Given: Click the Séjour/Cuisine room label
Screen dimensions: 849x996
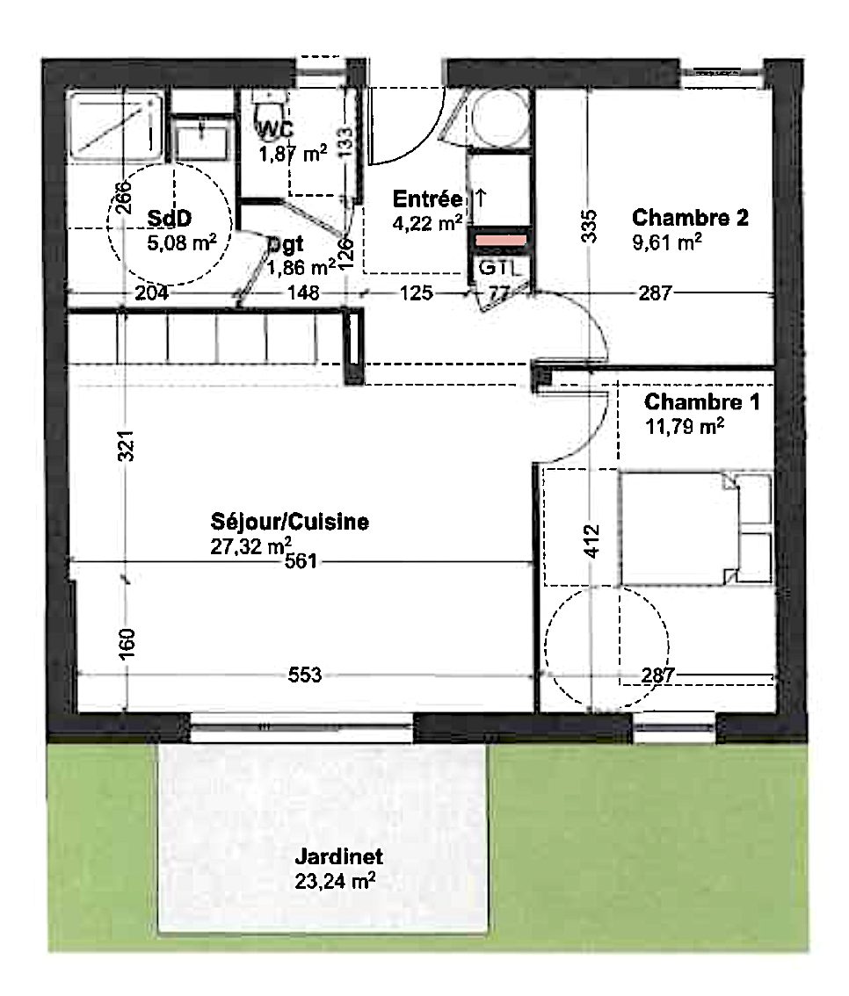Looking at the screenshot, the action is point(290,522).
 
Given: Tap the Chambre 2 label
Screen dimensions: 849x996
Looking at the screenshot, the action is point(690,217).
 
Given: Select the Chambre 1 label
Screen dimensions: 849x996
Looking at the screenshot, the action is point(701,401).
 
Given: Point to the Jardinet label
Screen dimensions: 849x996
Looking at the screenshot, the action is point(338,856).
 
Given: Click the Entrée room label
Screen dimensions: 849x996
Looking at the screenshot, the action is point(428,198).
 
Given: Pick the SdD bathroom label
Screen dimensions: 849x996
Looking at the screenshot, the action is point(169,218).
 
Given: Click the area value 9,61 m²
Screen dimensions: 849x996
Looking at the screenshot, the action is point(666,242).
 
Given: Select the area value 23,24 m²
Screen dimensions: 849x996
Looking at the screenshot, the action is point(335,881).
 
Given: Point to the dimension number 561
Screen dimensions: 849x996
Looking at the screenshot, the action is point(301,561).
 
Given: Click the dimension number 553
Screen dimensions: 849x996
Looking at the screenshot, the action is point(305,675).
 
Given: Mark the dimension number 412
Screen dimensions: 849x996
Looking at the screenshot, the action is point(591,541).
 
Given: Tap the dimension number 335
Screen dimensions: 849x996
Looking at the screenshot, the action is point(590,226).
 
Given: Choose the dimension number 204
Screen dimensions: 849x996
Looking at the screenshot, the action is point(151,292).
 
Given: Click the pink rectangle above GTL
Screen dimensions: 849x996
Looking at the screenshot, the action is point(501,241).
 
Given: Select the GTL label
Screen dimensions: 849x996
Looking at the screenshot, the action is point(499,267).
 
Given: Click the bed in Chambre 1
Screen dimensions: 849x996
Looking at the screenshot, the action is point(696,529).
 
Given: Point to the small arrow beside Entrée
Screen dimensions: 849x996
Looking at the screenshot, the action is point(481,198).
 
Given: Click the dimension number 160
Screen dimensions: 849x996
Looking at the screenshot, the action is point(127,644).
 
